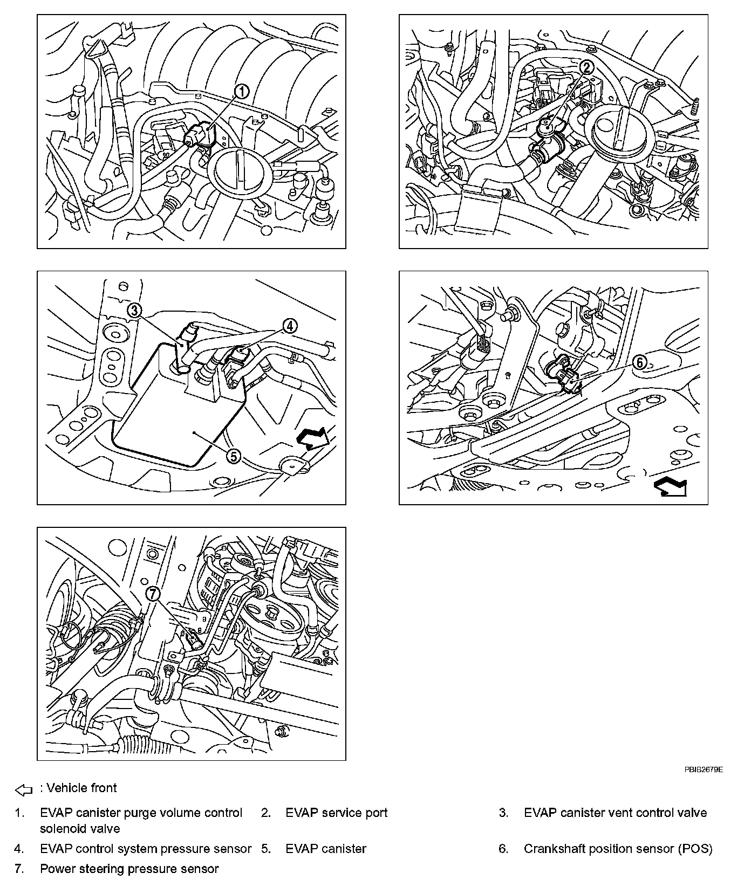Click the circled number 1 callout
click(x=242, y=92)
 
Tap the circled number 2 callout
click(x=586, y=67)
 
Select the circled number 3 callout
click(x=134, y=310)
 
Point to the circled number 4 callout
click(x=290, y=325)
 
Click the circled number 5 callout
click(x=233, y=456)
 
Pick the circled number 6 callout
click(x=639, y=362)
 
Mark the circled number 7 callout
click(x=153, y=594)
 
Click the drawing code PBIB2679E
click(x=704, y=770)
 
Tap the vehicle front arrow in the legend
click(x=24, y=790)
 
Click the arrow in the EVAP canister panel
click(x=312, y=437)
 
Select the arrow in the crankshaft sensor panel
click(x=670, y=487)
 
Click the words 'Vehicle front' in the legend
click(x=81, y=788)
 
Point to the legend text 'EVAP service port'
click(x=336, y=813)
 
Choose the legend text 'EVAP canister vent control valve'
click(x=615, y=813)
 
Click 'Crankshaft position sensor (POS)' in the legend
click(x=618, y=849)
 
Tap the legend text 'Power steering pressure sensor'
click(x=129, y=869)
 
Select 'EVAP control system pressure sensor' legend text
click(x=146, y=849)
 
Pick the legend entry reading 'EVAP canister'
click(x=326, y=849)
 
